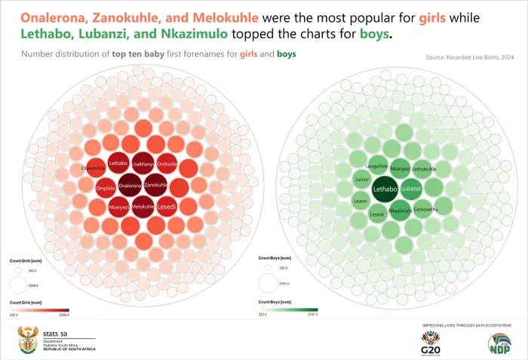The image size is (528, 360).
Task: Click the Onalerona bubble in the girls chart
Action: tap(130, 186)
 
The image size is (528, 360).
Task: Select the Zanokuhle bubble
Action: tap(155, 186)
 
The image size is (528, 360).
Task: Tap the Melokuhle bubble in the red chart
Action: tap(143, 206)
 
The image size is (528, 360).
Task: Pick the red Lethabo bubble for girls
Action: tap(118, 163)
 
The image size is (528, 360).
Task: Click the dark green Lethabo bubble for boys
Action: tap(386, 189)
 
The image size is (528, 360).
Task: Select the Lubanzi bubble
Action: tap(411, 189)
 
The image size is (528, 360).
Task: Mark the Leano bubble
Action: tap(361, 201)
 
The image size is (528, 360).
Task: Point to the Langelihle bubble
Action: tap(376, 166)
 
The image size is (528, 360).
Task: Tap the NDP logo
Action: tap(502, 343)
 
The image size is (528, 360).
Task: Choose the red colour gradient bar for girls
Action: tap(39, 309)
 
